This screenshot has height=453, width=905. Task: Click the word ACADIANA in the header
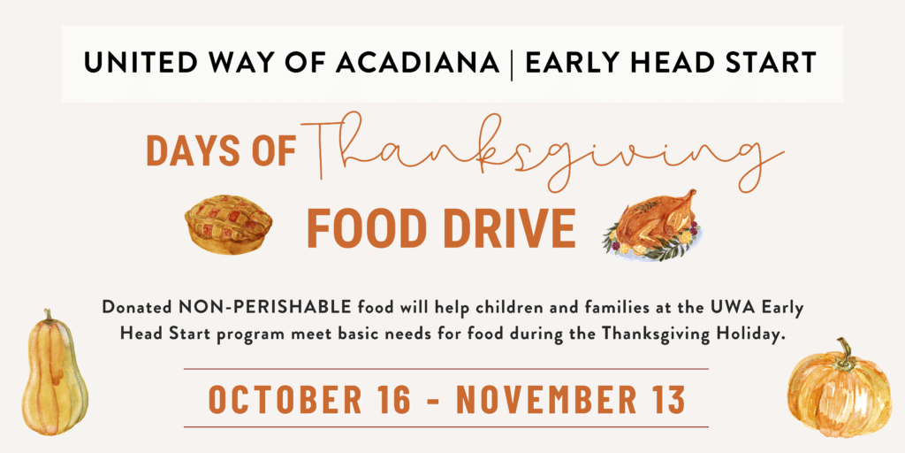[417, 63]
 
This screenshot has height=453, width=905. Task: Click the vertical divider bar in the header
[511, 64]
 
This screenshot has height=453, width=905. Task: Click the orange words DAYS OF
[221, 150]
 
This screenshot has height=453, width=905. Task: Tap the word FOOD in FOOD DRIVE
[369, 229]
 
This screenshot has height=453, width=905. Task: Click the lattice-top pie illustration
[229, 224]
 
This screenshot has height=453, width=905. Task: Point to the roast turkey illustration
[652, 226]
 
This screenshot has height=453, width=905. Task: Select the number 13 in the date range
[666, 398]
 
